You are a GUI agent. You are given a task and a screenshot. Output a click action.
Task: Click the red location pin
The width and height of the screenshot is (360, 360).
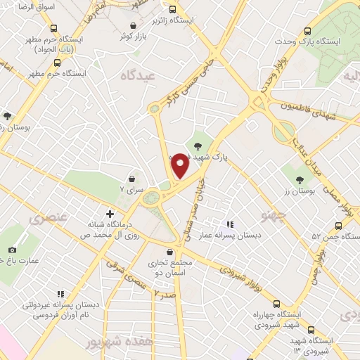pyautogui.click(x=179, y=166)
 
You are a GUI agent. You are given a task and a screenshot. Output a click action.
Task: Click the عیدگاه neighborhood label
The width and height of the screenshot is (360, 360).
pyautogui.click(x=136, y=75)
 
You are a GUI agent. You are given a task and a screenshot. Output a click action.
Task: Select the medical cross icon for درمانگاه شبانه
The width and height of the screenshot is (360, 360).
pyautogui.click(x=110, y=213)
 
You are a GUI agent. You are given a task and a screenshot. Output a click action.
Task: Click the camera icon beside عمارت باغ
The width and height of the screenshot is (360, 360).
pyautogui.click(x=12, y=250)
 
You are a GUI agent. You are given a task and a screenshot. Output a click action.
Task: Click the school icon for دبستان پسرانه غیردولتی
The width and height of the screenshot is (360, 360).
pyautogui.click(x=60, y=293)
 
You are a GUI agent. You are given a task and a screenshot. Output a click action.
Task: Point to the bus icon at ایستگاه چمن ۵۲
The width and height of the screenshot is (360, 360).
pyautogui.click(x=338, y=226)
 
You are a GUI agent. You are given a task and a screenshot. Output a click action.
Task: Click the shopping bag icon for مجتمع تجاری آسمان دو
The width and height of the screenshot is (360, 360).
pyautogui.click(x=169, y=251)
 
